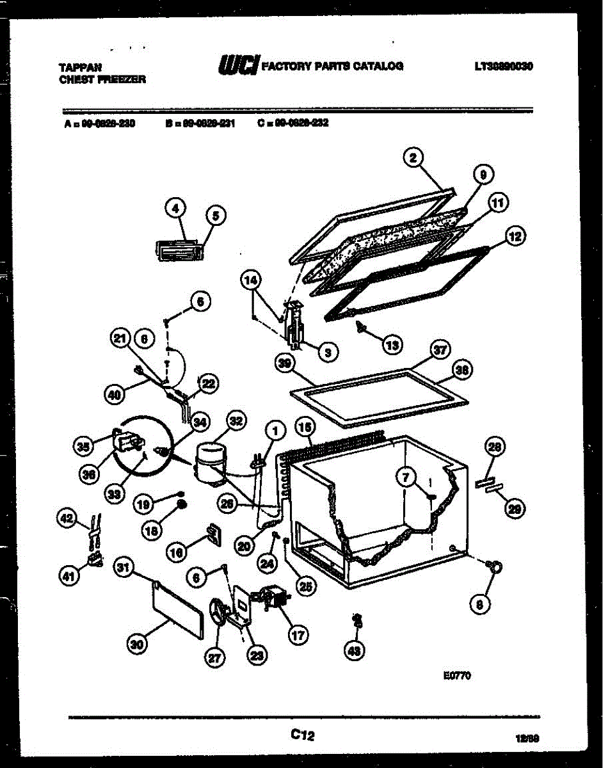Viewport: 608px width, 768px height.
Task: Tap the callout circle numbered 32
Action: pos(236,421)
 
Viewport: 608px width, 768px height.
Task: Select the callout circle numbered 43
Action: pos(353,651)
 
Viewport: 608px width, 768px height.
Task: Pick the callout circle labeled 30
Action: pos(136,646)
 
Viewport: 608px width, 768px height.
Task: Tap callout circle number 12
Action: pos(514,237)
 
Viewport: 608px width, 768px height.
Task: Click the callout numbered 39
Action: pos(284,363)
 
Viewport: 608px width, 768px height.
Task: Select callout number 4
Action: pos(175,207)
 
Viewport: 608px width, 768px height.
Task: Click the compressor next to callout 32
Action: pos(209,459)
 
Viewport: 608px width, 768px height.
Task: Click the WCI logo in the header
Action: pos(238,65)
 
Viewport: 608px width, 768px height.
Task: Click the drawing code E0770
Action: pos(457,675)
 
